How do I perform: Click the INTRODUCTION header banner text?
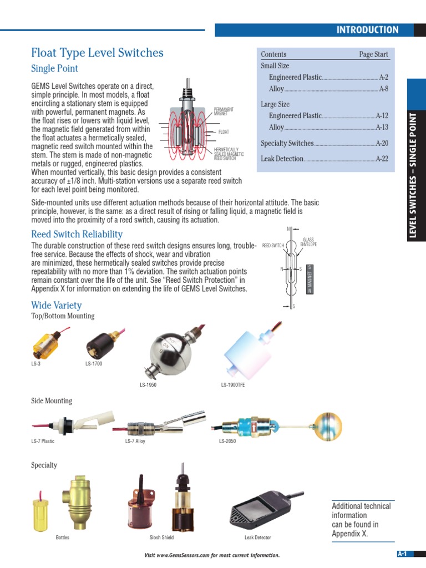[367, 30]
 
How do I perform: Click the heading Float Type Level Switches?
[97, 53]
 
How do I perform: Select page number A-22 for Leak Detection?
[382, 159]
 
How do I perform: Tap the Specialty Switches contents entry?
[287, 143]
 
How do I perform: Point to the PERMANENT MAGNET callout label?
[224, 111]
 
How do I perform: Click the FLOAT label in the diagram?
[224, 132]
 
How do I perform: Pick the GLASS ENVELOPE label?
[308, 242]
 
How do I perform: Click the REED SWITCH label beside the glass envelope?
[273, 245]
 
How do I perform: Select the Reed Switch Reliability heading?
[77, 234]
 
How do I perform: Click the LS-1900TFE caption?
[232, 385]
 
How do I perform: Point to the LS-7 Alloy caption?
[135, 442]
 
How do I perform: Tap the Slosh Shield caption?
[161, 537]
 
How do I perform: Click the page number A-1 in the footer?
[402, 554]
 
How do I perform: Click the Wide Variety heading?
[56, 305]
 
